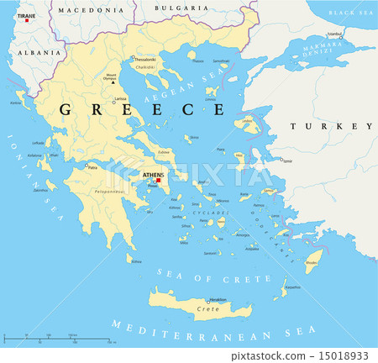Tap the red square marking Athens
click(x=158, y=181)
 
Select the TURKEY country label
click(x=331, y=126)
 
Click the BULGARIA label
click(x=181, y=7)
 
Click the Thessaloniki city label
click(x=144, y=60)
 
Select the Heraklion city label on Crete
click(x=218, y=300)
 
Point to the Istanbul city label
click(x=334, y=34)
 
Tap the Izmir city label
click(x=288, y=160)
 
